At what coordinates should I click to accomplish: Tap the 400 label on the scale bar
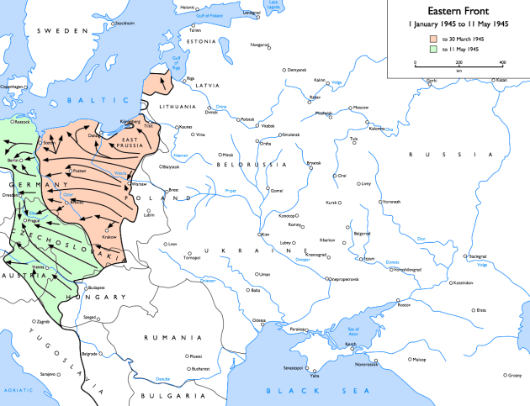pos(502,63)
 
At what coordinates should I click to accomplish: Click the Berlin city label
pos(13,159)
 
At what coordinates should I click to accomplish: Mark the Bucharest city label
pos(199,367)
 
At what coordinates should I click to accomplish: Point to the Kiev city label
pos(266,234)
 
